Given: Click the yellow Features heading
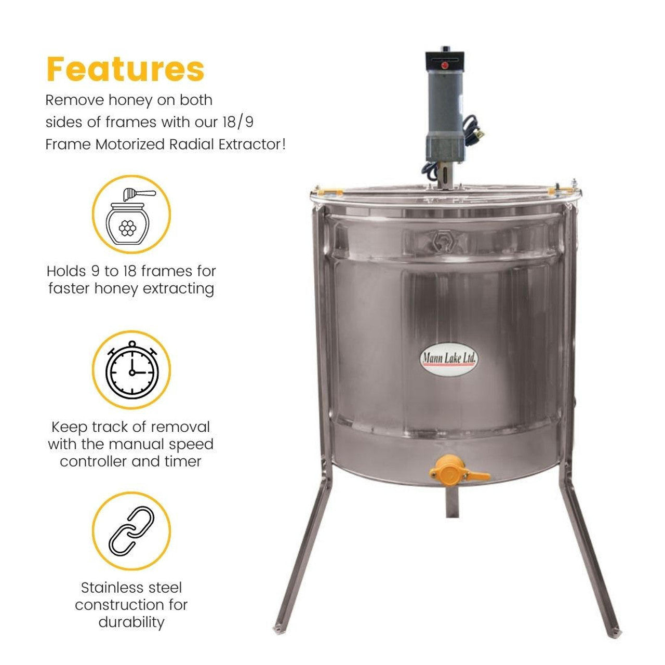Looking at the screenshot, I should click(125, 69).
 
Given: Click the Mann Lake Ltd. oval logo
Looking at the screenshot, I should click(448, 359).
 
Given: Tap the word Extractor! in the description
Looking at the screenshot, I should click(253, 144).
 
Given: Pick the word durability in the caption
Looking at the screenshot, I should click(131, 621).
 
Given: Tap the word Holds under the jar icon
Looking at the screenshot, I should click(66, 271).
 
